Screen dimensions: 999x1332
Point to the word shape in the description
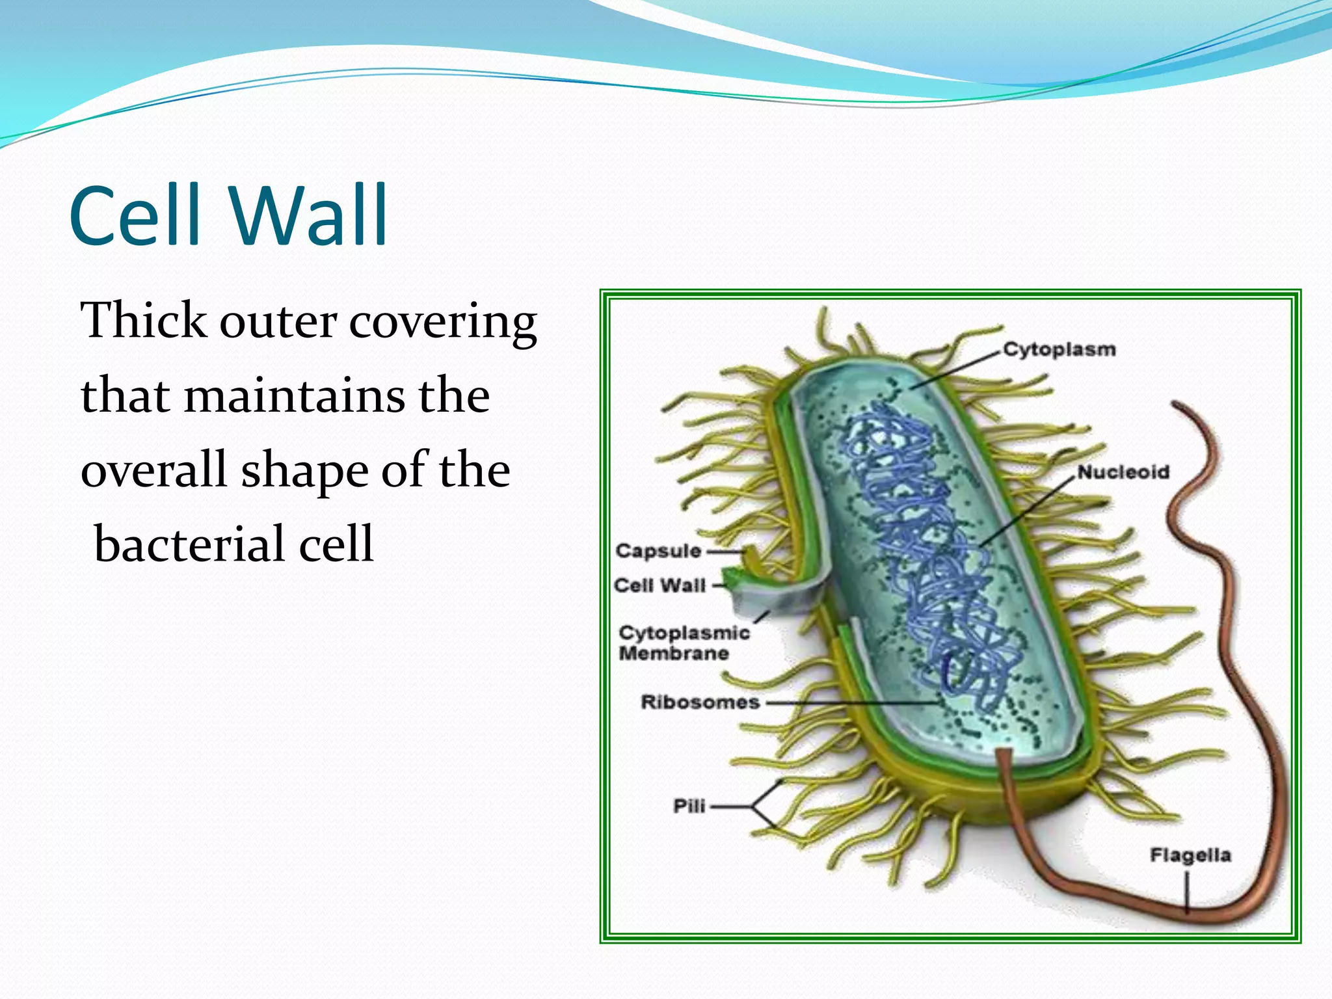tap(304, 471)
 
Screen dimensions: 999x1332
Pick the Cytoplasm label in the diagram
tap(1059, 349)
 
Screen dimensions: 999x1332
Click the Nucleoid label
tap(1123, 472)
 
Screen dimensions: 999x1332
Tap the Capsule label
tap(658, 551)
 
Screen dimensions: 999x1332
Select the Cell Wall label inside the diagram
tap(659, 585)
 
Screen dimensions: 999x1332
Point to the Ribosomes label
tap(700, 702)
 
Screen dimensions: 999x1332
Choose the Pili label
tap(689, 806)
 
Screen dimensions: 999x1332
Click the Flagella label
tap(1190, 855)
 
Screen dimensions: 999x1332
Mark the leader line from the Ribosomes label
tap(846, 703)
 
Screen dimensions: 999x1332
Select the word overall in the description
tap(154, 471)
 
